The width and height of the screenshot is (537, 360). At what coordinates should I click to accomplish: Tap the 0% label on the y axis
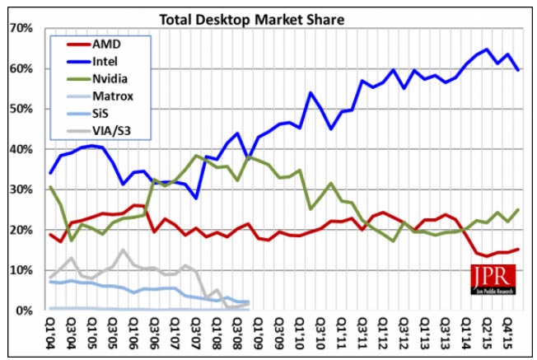coord(26,311)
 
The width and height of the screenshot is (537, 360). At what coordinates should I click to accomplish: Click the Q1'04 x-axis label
coord(51,331)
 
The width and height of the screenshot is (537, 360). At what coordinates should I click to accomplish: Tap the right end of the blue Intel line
coord(517,70)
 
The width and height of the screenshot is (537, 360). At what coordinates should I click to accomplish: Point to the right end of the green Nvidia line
coord(517,210)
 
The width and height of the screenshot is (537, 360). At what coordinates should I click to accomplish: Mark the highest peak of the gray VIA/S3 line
coord(123,250)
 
